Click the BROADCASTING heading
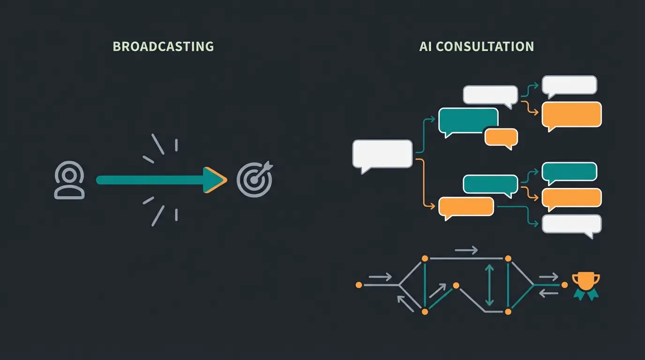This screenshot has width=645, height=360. pos(163,46)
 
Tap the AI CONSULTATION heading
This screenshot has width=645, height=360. pos(476,46)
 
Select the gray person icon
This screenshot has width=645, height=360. pos(69,180)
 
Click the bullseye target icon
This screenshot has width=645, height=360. pos(254,180)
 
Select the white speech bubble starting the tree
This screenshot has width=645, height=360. pos(382,154)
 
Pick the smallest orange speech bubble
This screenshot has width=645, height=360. pos(501,137)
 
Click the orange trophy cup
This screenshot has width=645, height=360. pos(586,282)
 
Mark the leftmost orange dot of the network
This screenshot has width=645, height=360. pos(359,285)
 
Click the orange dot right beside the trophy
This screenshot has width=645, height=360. pos(564,285)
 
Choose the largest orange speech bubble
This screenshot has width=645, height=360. pos(571,114)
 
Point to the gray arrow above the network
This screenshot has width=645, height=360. pos(466,250)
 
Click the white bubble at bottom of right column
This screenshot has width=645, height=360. pos(571,224)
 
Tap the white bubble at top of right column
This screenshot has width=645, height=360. pos(569,85)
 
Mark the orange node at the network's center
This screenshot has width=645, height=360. pos(455,285)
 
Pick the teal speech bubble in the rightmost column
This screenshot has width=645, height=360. pos(569,172)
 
